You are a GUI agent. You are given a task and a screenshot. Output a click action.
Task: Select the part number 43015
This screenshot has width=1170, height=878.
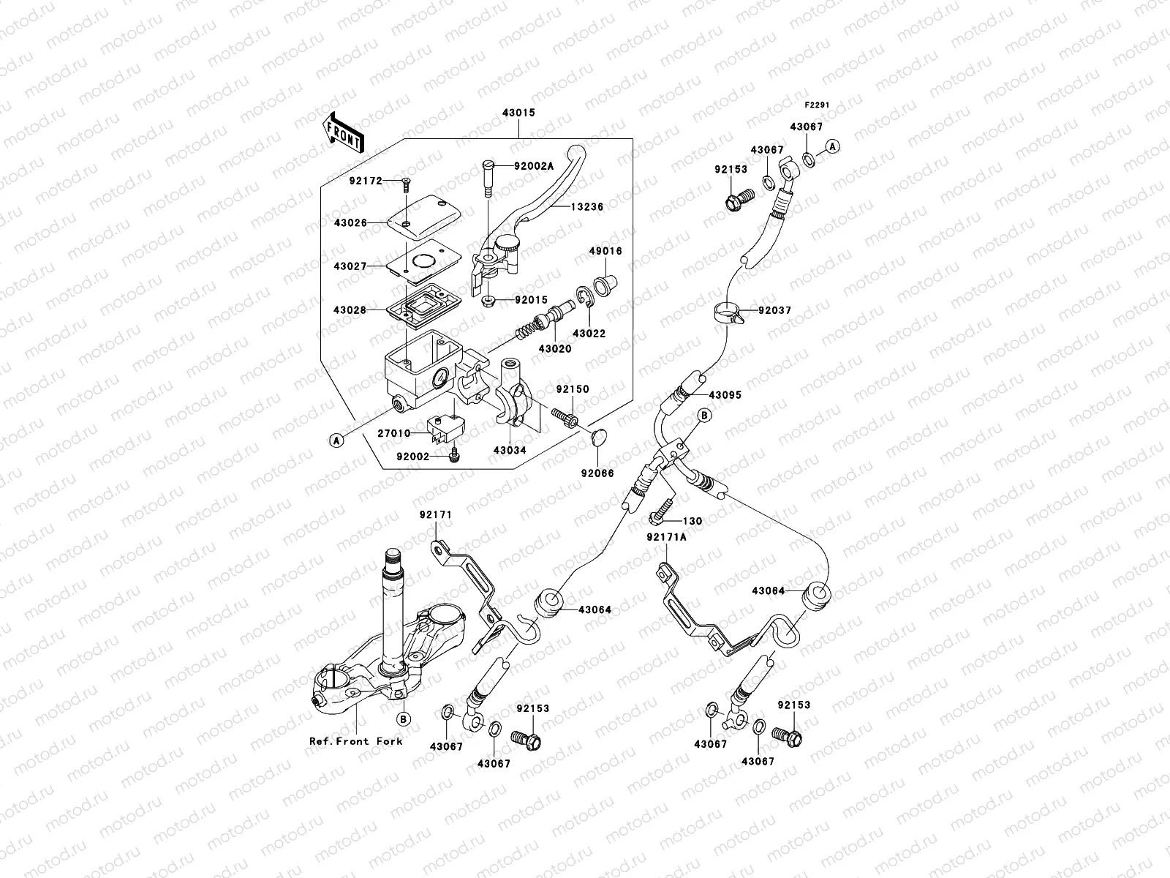(x=518, y=114)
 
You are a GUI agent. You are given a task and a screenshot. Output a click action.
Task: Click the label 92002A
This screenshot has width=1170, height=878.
(x=534, y=166)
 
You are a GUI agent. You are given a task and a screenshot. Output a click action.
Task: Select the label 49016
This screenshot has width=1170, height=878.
(x=605, y=251)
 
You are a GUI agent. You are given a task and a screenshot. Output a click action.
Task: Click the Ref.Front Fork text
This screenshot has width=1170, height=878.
(x=356, y=741)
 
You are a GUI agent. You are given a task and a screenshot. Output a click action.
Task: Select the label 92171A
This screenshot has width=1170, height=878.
(x=666, y=537)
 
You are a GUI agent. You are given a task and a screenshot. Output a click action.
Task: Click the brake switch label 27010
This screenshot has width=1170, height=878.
(x=393, y=433)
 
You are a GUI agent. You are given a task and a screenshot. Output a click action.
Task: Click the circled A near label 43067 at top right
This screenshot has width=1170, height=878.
(x=834, y=147)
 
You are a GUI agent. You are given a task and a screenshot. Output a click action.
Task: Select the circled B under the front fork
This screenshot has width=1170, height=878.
(x=404, y=719)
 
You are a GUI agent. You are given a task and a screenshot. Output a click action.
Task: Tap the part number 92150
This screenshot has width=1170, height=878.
(x=572, y=390)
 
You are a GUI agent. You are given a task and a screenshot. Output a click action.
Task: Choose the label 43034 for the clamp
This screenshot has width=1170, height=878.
(x=509, y=451)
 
